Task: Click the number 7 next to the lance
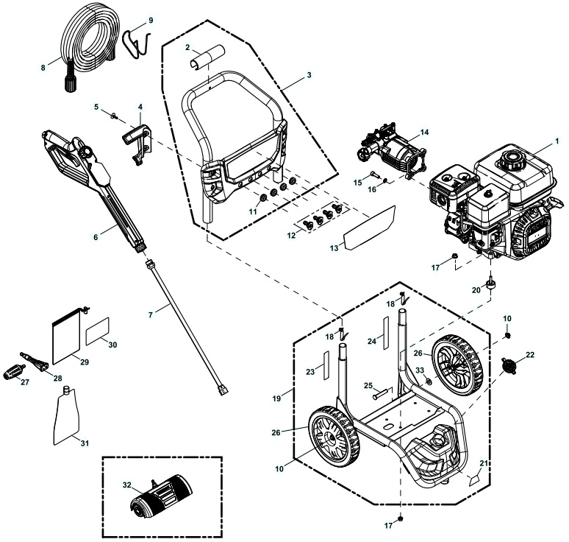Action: tap(151, 314)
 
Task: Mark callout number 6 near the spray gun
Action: tap(94, 237)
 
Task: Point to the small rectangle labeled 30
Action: tap(99, 332)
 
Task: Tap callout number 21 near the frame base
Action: tap(483, 463)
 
